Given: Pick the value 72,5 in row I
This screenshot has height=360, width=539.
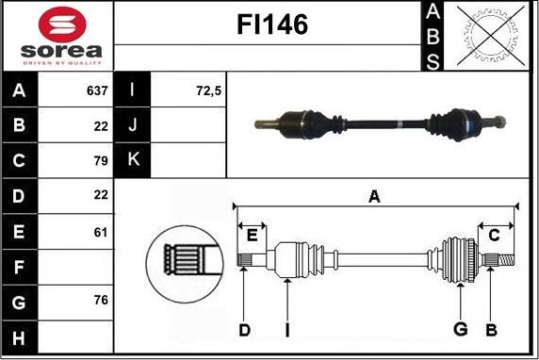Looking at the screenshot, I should coord(207,91).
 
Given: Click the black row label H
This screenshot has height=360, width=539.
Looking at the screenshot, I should coord(20,335).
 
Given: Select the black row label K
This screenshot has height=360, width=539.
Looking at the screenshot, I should coord(132,160).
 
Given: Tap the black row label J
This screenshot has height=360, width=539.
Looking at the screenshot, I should coord(132,125).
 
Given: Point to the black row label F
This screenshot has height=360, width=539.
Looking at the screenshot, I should coord(20,266).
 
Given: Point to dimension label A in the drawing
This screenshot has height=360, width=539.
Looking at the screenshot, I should coord(373,196).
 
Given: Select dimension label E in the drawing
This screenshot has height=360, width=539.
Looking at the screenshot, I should coord(252,236).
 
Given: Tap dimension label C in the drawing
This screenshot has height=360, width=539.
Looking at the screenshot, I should coord(494,236).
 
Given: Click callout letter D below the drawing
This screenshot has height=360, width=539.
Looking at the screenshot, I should coord(243,329).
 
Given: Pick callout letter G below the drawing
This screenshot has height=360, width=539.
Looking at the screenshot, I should coord(460,329).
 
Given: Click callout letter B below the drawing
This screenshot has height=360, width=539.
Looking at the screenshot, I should coord(490,329).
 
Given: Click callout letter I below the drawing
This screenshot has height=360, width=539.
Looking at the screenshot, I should coord(286,329).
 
